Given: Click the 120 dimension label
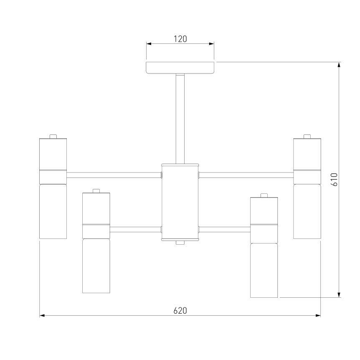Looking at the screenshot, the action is [180, 39].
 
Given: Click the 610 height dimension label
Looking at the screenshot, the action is [334, 180].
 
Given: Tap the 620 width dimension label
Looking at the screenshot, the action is [180, 311].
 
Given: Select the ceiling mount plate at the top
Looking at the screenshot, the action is [180, 68].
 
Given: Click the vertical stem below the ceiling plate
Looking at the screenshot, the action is [180, 119].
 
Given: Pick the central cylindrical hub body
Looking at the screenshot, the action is [180, 202].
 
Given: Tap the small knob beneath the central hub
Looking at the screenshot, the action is [180, 243].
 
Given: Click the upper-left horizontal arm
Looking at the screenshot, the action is [114, 175].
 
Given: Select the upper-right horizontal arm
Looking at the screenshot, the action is [246, 175].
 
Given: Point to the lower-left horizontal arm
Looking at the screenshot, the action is [136, 229].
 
